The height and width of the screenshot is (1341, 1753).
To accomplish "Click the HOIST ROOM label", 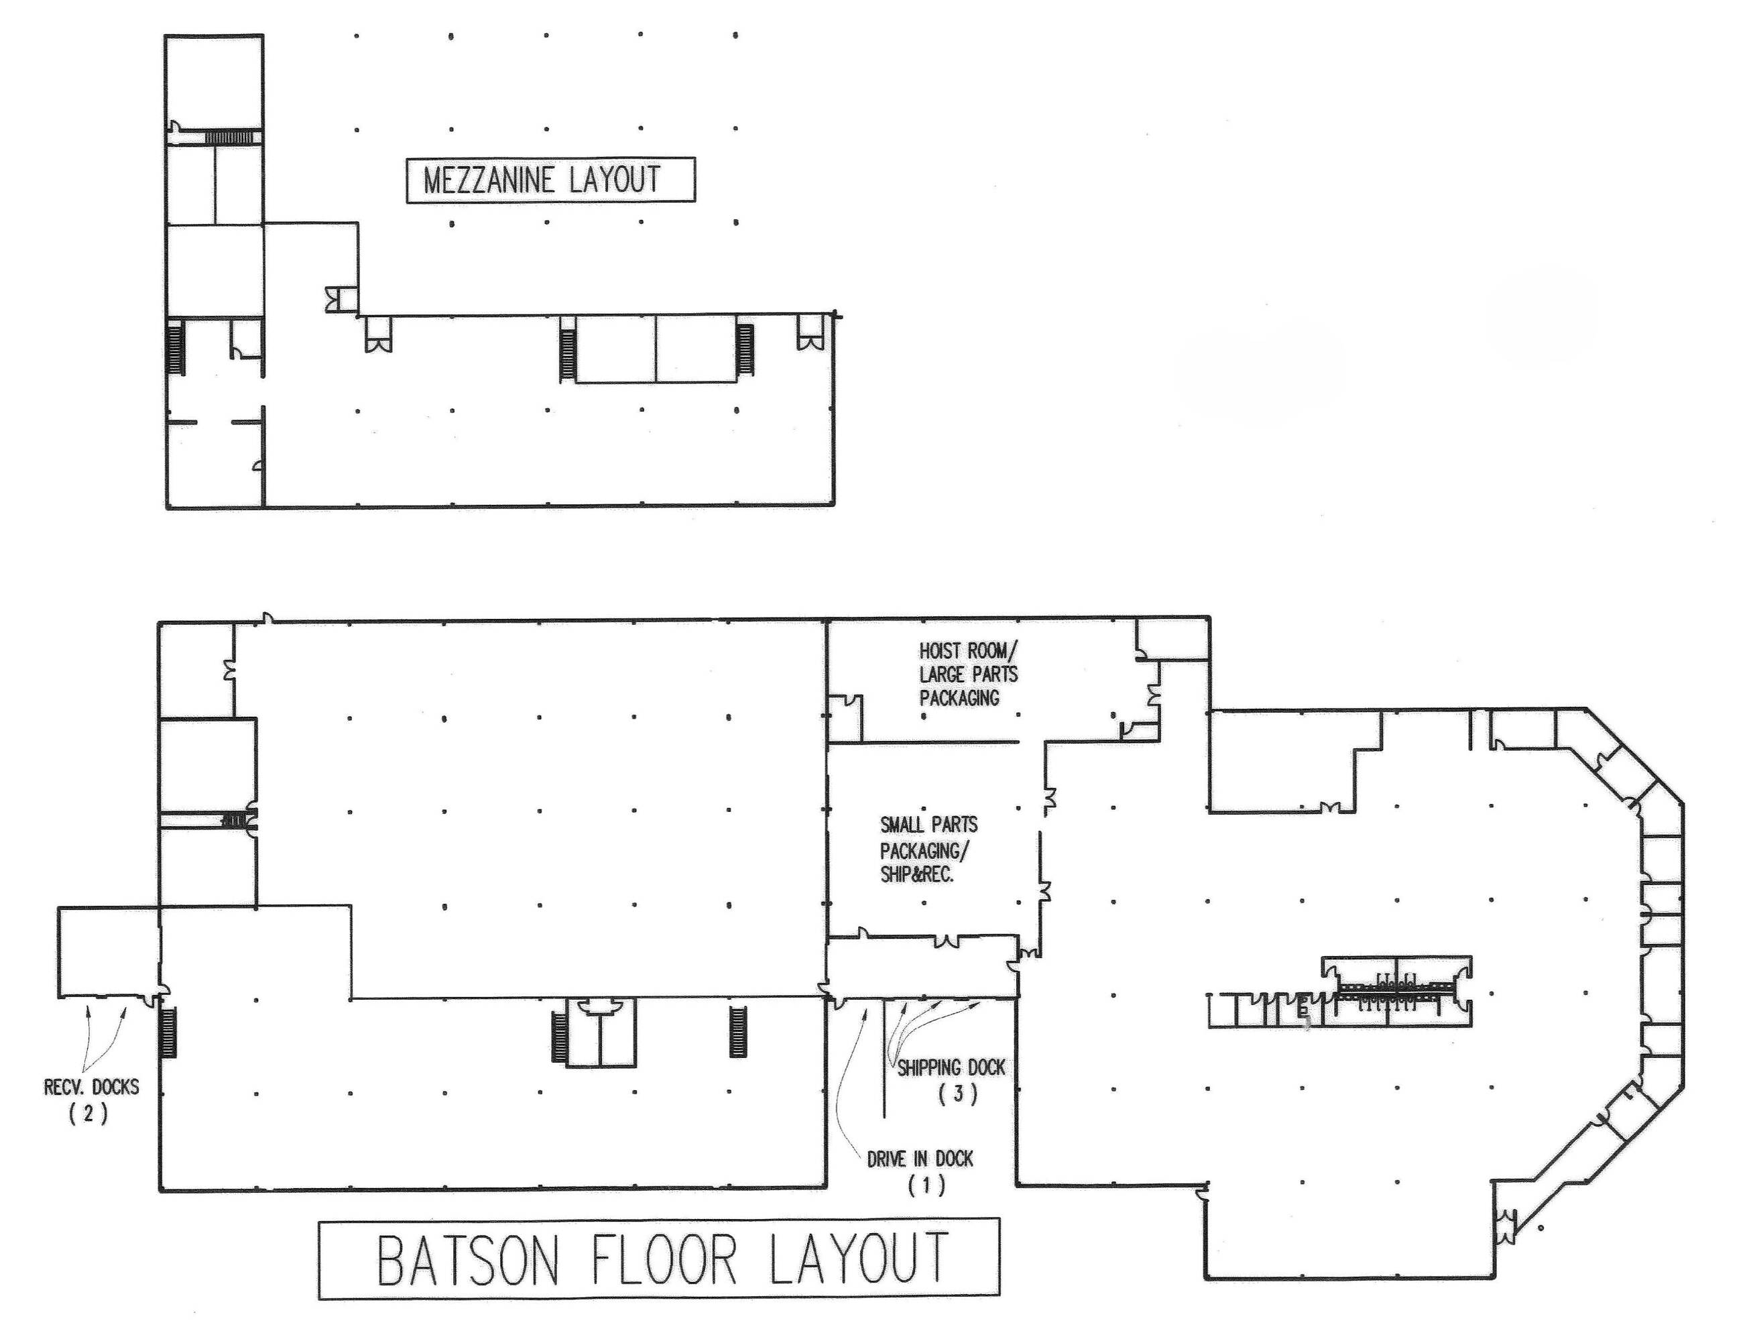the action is [x=968, y=651].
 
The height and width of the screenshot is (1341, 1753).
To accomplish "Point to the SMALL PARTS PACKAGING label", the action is [x=928, y=837].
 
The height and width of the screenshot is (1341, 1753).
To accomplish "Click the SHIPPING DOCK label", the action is [x=951, y=1068].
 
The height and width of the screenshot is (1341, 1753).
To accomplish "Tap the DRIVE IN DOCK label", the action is [x=920, y=1159].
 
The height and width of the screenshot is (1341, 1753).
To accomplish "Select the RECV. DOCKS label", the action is [x=91, y=1086].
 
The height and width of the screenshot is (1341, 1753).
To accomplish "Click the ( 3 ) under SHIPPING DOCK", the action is [x=957, y=1094].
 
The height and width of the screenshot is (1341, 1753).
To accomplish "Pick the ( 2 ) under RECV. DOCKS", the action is [x=88, y=1113].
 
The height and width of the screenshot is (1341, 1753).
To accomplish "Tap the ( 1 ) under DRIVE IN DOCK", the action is [x=926, y=1185].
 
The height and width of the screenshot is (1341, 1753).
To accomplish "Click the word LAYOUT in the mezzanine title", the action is [x=614, y=180].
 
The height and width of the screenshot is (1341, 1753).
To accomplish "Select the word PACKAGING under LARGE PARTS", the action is [x=959, y=697].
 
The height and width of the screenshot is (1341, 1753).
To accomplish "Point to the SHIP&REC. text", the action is [x=917, y=874].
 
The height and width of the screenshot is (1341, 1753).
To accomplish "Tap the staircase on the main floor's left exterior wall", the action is [x=168, y=1032].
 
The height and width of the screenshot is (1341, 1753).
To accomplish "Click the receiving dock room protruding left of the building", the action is [x=109, y=951].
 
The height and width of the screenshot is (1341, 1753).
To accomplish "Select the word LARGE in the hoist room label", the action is [x=942, y=675].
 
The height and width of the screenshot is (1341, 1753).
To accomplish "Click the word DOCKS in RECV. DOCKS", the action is [x=116, y=1086].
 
